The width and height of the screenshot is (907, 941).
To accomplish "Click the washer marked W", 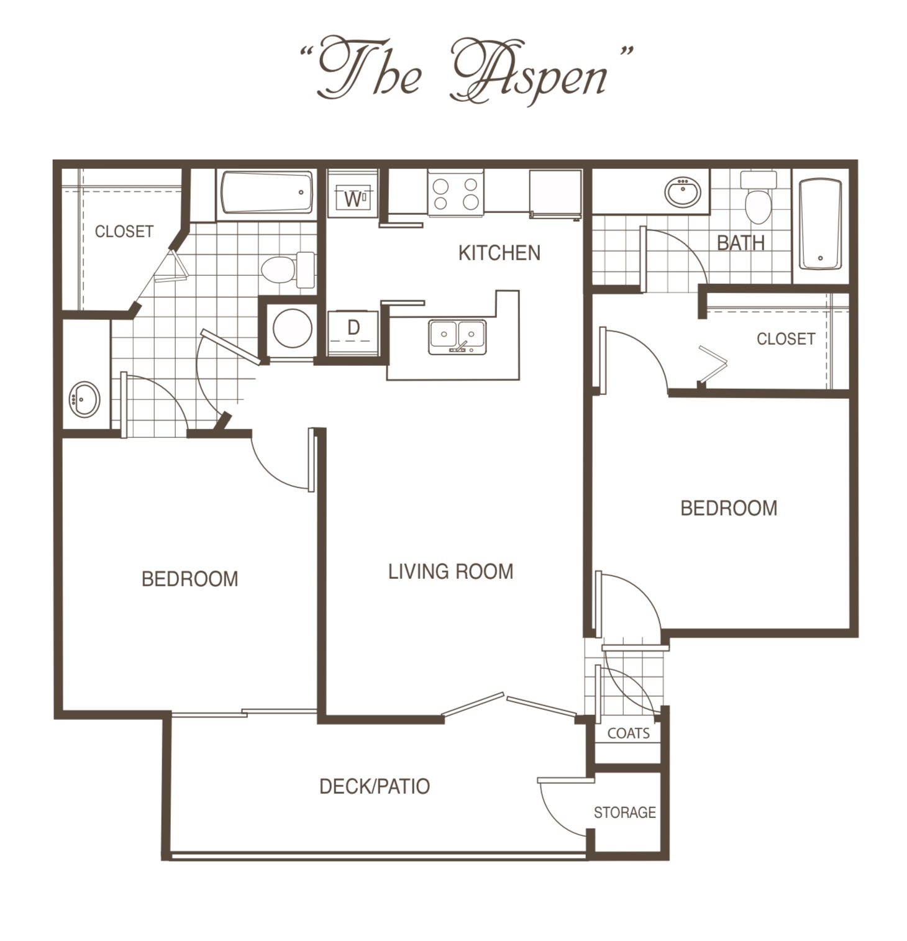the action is coord(352,194).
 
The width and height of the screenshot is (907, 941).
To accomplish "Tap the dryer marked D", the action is coord(353,332).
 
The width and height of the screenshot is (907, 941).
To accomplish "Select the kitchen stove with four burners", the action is coord(455,193).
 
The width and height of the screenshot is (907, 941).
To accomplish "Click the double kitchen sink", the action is coord(457,337).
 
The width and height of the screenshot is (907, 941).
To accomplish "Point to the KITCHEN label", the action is coord(499,253).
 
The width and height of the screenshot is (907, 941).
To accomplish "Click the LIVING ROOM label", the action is coord(451,571).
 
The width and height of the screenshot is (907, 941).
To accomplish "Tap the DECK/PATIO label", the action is coord(375,786).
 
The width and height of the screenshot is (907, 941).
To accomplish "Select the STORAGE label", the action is coord(625,812).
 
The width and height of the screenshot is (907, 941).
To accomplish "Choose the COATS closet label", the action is coord(629,734).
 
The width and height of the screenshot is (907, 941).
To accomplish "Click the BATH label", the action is coord(741,243).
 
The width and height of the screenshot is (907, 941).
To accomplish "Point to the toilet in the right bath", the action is coord(758,196).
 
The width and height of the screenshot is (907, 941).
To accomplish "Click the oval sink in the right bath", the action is coord(683,192).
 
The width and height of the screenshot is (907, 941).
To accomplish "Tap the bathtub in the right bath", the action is coord(821,224).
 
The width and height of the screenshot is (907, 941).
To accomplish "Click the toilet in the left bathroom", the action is coord(288,270).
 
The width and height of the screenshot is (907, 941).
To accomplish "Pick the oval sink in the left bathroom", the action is coord(84,399).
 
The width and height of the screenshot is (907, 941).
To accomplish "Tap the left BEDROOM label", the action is coord(190,579).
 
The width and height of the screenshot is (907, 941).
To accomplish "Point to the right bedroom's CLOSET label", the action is coord(786,339).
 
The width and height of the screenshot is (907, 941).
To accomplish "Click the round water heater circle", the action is coord(293,328).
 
